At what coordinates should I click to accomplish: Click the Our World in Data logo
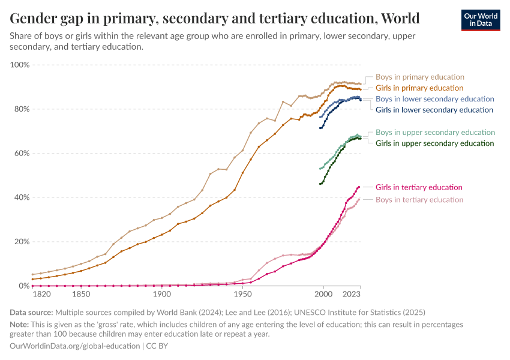(480, 20)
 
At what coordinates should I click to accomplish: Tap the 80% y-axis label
(22, 109)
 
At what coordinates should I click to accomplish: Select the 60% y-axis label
(22, 154)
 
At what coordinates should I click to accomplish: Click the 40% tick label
(22, 197)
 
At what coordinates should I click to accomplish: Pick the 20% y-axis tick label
(22, 242)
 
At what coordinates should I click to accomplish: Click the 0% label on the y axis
(25, 286)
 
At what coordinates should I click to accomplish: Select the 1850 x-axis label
(80, 295)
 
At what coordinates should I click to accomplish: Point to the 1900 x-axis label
(161, 295)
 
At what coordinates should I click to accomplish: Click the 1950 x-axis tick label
(242, 295)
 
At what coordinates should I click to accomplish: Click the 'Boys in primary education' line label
(419, 77)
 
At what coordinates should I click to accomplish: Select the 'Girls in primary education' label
(419, 88)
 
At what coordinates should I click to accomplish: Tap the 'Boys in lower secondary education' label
(434, 99)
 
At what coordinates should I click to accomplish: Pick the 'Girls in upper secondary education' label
(434, 143)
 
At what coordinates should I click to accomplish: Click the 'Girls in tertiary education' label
(419, 187)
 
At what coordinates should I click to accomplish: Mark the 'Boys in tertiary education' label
(419, 200)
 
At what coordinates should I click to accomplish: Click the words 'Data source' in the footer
(31, 313)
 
